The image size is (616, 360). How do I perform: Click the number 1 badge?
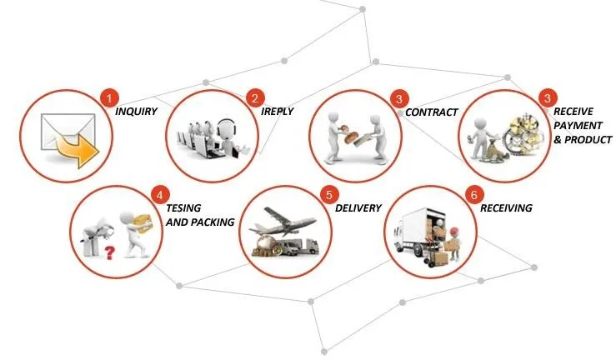(x=108, y=97)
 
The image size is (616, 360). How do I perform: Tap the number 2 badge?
(x=255, y=97)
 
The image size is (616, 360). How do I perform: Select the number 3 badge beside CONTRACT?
(x=400, y=97)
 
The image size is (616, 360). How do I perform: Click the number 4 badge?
(x=158, y=195)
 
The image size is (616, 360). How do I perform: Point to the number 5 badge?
(x=328, y=195)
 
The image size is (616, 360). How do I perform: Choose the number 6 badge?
(x=474, y=195)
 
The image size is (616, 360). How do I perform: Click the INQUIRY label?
(x=137, y=112)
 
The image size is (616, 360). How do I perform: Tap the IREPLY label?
(x=277, y=112)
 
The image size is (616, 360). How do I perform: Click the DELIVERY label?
(x=358, y=208)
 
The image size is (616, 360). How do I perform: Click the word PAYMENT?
(x=578, y=125)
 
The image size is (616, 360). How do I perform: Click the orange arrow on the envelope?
(x=78, y=150)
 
